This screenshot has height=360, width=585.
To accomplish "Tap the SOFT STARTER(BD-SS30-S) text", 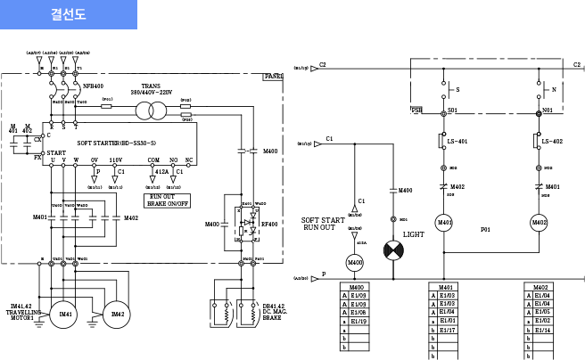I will (x=117, y=143).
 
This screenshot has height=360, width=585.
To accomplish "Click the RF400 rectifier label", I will (x=269, y=224).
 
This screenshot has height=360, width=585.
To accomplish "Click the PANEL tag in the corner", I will (x=274, y=77).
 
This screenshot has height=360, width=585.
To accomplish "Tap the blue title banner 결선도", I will (x=68, y=15).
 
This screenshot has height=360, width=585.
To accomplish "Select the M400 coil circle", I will (x=355, y=262).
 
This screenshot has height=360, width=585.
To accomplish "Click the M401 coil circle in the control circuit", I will (x=443, y=222).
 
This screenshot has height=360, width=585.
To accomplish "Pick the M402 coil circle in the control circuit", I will (x=539, y=222).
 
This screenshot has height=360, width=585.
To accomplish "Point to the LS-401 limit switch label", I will (x=457, y=141).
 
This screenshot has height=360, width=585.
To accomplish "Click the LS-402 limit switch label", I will (x=552, y=141).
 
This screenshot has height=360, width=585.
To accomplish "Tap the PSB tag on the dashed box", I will (x=417, y=110).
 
